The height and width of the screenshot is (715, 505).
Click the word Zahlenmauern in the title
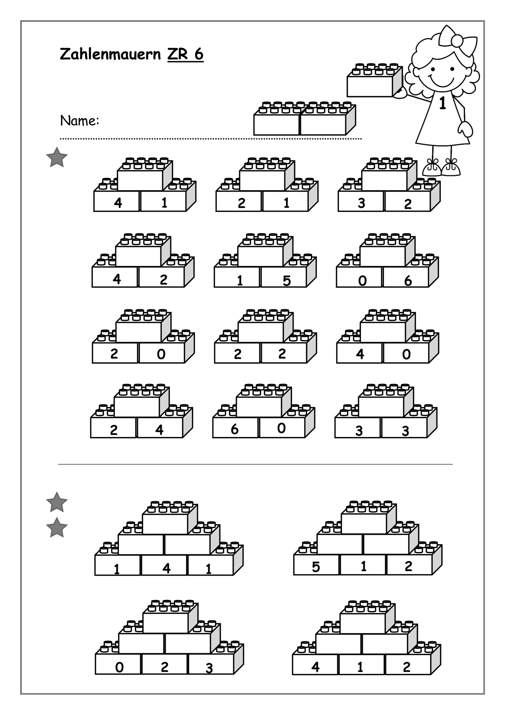110,54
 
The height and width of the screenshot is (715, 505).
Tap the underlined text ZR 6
185,54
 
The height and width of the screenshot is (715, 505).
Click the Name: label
80,121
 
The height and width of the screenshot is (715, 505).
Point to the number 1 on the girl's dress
442,103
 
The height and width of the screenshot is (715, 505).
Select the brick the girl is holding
374,80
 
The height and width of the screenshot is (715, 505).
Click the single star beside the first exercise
57,158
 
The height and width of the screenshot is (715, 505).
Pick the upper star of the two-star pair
57,502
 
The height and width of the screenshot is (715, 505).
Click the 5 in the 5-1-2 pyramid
316,567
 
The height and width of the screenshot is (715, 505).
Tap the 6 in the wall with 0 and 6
408,281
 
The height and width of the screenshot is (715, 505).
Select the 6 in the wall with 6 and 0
234,429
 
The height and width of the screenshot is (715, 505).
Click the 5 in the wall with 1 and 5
287,281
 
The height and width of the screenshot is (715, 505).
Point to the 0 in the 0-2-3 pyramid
119,667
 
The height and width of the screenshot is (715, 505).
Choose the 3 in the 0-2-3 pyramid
209,668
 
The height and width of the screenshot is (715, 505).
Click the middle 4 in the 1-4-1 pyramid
166,568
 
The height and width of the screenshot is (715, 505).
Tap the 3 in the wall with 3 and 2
361,203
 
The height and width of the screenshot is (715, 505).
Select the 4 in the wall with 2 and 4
159,430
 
